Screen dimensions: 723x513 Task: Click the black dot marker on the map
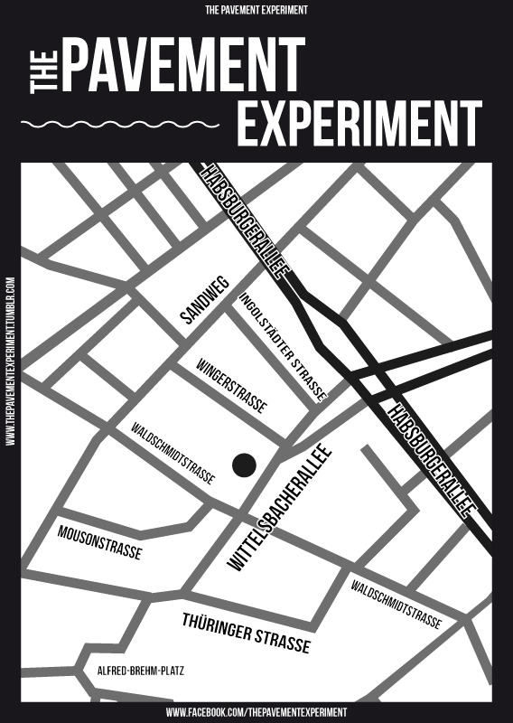[244, 465]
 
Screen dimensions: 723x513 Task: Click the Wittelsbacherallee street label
[281, 508]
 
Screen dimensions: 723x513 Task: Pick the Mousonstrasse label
[99, 540]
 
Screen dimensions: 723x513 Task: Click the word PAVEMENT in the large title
[182, 68]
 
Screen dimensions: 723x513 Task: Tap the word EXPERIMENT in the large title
[359, 123]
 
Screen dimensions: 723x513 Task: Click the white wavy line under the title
[120, 123]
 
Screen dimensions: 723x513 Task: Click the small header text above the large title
[256, 10]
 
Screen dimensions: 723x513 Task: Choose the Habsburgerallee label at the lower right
[431, 460]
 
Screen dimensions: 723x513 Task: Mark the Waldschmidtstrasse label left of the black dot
[173, 453]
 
